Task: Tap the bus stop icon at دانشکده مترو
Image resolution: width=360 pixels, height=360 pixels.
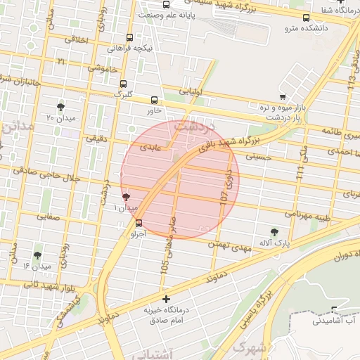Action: [x=305, y=18]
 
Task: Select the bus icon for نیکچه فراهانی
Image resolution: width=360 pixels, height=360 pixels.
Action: [x=129, y=38]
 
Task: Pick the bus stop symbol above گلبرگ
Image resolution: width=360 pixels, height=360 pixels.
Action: [x=124, y=83]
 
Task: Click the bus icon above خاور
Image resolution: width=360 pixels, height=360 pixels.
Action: [x=155, y=100]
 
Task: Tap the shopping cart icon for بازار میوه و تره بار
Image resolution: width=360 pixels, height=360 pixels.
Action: [x=283, y=97]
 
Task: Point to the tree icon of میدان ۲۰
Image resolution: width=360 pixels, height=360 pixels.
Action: [x=60, y=107]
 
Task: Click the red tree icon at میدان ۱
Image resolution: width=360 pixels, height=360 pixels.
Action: [x=126, y=198]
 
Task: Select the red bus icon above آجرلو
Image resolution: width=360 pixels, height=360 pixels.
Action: [x=139, y=224]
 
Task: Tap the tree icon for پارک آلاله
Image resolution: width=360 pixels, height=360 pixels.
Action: [x=274, y=231]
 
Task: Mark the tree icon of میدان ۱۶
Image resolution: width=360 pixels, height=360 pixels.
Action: [x=37, y=255]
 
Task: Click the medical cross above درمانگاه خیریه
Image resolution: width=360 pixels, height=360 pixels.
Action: [x=165, y=299]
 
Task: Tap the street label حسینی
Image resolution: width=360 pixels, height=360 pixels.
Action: [x=257, y=157]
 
